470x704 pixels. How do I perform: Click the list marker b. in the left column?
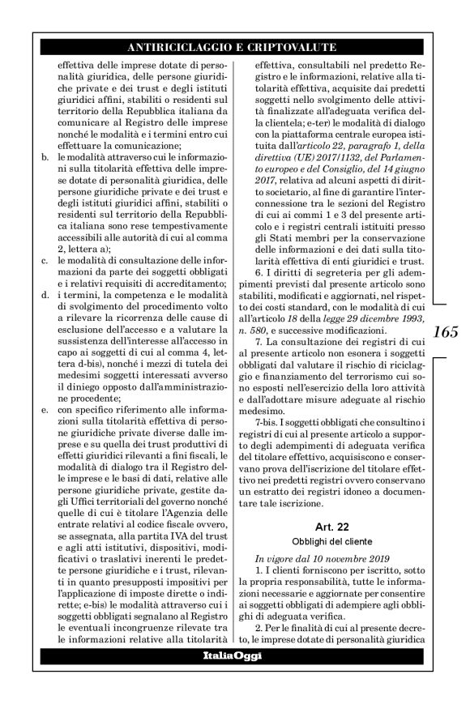(x=45, y=149)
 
